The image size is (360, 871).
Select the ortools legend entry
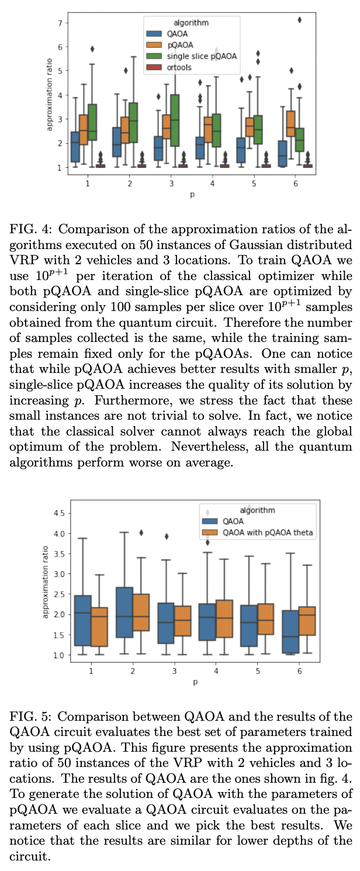pyautogui.click(x=176, y=67)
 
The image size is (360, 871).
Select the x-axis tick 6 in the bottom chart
pyautogui.click(x=299, y=671)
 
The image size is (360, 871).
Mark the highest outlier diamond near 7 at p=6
pyautogui.click(x=299, y=20)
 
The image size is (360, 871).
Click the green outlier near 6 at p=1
pyautogui.click(x=92, y=49)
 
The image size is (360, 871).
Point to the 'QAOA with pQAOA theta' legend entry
pyautogui.click(x=269, y=533)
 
